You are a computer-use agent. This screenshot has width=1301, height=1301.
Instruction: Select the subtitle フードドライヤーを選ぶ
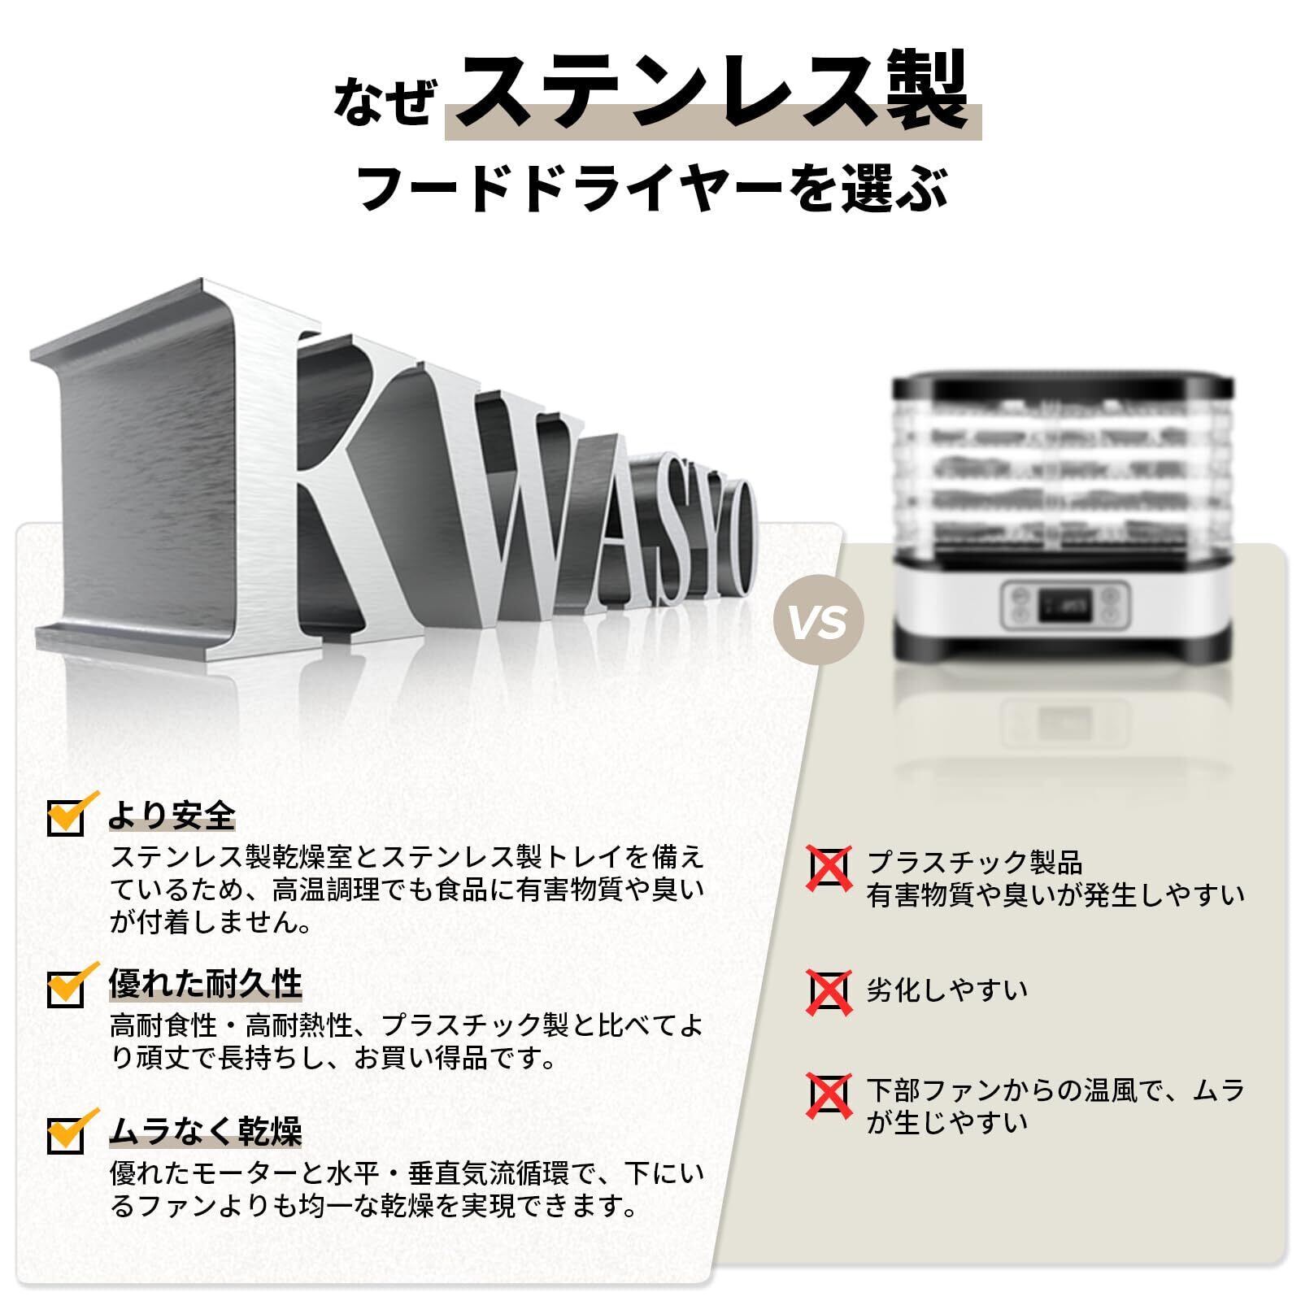point(653,188)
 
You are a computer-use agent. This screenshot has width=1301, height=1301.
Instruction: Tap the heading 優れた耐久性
point(206,984)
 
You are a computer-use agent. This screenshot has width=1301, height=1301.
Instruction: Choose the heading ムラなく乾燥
point(206,1131)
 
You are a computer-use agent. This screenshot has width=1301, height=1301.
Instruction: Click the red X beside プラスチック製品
point(829,868)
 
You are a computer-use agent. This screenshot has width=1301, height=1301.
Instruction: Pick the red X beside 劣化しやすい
point(829,991)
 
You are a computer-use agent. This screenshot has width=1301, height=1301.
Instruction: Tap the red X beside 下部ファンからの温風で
point(829,1094)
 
